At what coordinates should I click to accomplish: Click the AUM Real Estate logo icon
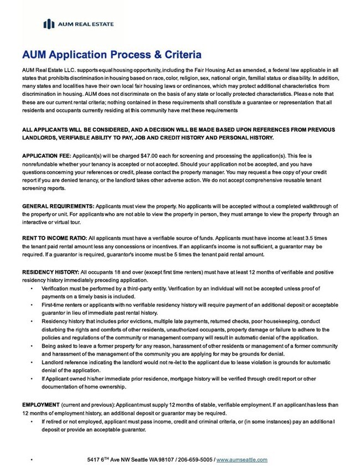point(49,23)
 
